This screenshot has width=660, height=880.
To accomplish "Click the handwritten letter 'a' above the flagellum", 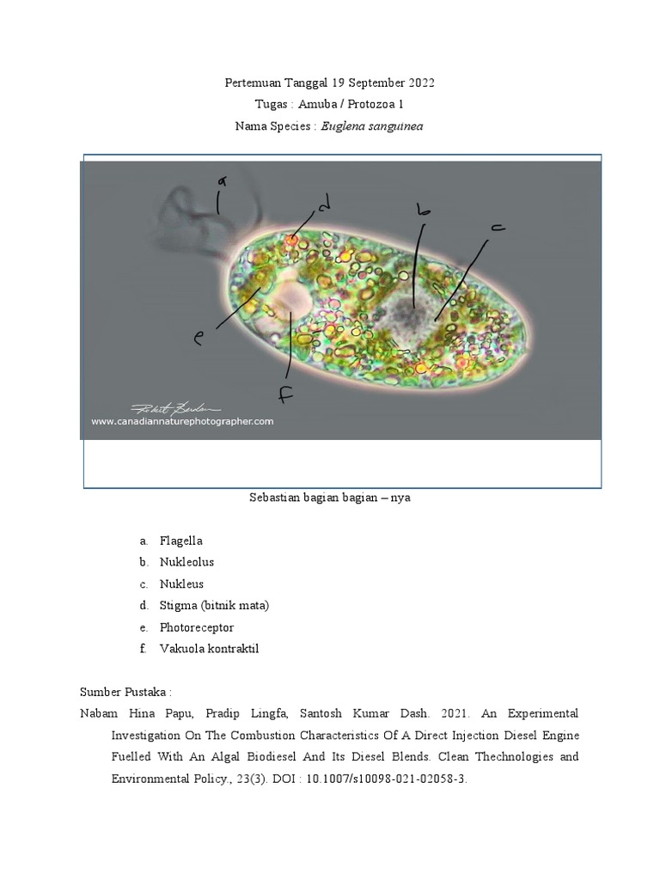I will tap(222, 180).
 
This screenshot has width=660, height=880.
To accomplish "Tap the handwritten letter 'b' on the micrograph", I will tap(422, 209).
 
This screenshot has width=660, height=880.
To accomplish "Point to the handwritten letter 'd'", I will tap(323, 205).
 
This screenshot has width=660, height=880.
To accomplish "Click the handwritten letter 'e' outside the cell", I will tap(199, 339).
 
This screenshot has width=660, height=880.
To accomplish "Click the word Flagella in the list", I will tap(180, 541).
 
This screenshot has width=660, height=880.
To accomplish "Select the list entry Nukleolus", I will tap(186, 562).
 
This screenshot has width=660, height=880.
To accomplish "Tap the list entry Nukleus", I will tap(181, 584).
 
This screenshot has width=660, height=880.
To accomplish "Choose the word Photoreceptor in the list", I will tap(196, 627).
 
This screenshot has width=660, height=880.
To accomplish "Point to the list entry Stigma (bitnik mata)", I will tap(214, 605).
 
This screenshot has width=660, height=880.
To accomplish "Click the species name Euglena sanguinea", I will tap(372, 126).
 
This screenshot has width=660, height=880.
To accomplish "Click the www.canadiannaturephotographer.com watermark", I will tap(182, 421).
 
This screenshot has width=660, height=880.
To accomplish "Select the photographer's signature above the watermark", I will tap(175, 406).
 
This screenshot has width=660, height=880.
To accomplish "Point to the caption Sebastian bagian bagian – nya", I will tap(329, 498).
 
